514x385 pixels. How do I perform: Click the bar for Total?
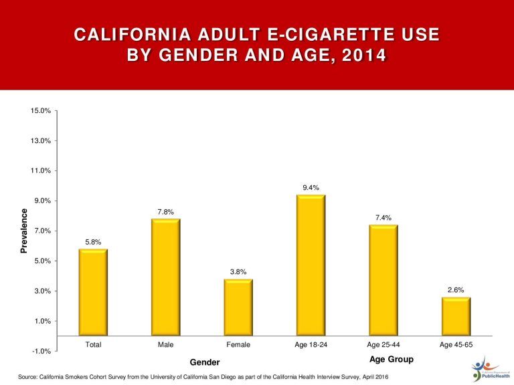tap(93, 293)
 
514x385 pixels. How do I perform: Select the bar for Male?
tap(166, 277)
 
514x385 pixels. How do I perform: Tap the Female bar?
tap(238, 307)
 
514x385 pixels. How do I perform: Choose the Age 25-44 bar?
tap(383, 281)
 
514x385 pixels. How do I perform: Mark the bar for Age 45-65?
tap(456, 317)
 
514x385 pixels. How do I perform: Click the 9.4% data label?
tap(311, 188)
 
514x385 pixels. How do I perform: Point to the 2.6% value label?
tap(456, 290)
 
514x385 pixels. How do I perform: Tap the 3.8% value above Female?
tap(238, 272)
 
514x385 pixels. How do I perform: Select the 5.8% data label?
tap(93, 242)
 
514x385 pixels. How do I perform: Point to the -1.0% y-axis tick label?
tap(41, 352)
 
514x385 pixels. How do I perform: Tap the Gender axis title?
tap(205, 362)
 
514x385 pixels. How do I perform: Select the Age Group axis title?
tap(392, 360)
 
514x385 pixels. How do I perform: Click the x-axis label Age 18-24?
tap(311, 345)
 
